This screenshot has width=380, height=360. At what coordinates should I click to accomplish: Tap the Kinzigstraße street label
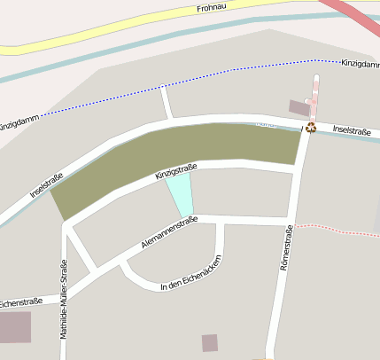click(175, 171)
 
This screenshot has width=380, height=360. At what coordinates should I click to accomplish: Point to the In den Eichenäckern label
click(190, 273)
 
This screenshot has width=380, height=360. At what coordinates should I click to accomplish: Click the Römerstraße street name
click(285, 247)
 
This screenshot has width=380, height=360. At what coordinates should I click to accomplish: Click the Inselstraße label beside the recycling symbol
click(352, 130)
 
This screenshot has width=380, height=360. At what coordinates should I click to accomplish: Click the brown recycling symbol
click(311, 128)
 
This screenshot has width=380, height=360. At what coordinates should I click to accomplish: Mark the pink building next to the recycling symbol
click(299, 108)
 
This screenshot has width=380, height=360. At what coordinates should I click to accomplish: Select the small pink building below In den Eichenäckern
click(210, 342)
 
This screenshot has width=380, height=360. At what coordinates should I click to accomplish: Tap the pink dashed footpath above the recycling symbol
click(314, 98)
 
